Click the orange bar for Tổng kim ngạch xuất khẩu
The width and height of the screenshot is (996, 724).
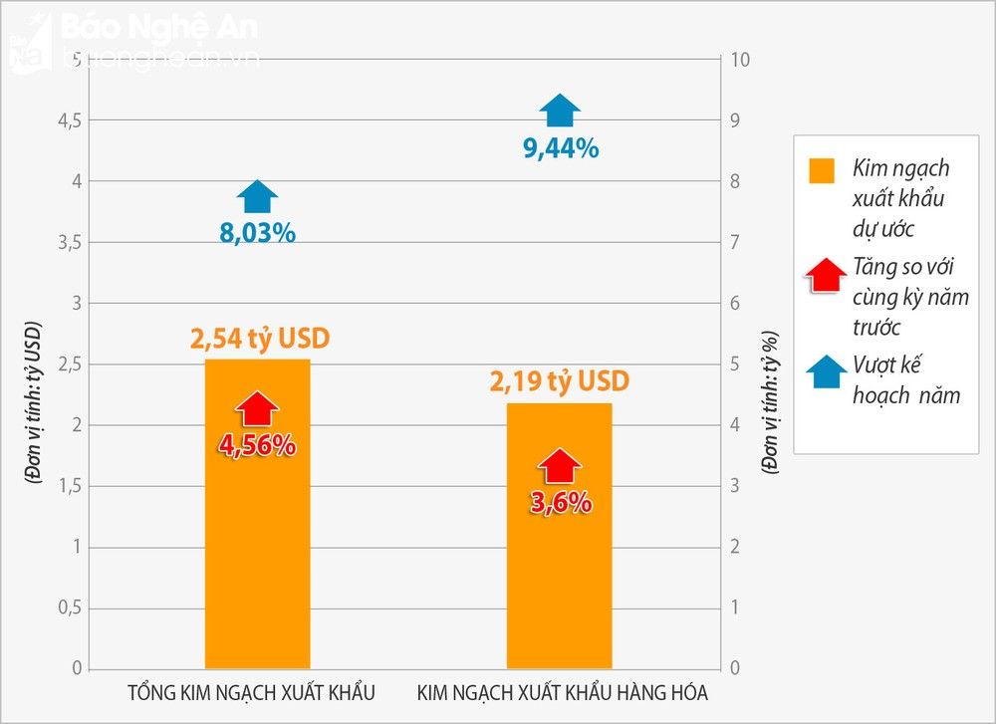tap(257, 558)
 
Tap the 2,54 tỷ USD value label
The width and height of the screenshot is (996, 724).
tap(260, 340)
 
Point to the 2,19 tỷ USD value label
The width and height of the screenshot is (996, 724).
tap(560, 382)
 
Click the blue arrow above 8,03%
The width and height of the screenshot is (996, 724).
tap(258, 197)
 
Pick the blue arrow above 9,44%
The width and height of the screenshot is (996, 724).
tap(560, 112)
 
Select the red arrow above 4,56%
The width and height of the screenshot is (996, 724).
tap(258, 408)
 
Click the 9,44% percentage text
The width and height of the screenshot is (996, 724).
tap(561, 149)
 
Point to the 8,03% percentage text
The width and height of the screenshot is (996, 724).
tap(258, 233)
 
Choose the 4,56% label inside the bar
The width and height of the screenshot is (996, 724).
tap(258, 444)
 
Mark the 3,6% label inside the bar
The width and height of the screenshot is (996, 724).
tap(560, 502)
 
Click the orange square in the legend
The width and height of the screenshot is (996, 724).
tap(822, 170)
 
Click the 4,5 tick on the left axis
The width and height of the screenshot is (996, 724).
tap(70, 121)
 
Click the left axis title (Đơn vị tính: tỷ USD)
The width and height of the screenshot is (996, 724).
tap(34, 402)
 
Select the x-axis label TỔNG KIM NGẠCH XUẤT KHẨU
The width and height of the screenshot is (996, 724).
tap(252, 693)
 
